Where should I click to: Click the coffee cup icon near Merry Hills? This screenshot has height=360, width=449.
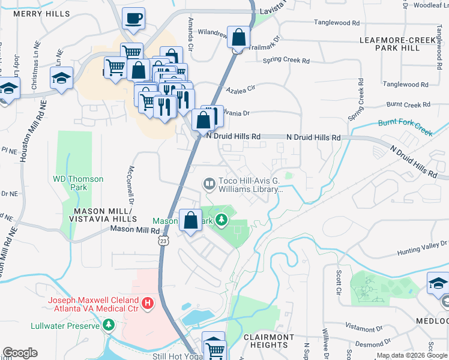(x=133, y=18)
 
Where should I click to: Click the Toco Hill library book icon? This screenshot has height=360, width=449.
(x=209, y=184)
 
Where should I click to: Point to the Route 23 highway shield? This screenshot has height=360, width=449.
(x=163, y=240)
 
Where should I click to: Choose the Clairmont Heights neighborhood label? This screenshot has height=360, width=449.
(x=269, y=341)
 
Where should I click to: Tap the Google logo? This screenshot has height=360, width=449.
(x=19, y=353)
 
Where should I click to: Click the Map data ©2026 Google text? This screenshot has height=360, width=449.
(x=411, y=356)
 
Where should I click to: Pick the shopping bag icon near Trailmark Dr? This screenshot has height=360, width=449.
(x=238, y=37)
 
